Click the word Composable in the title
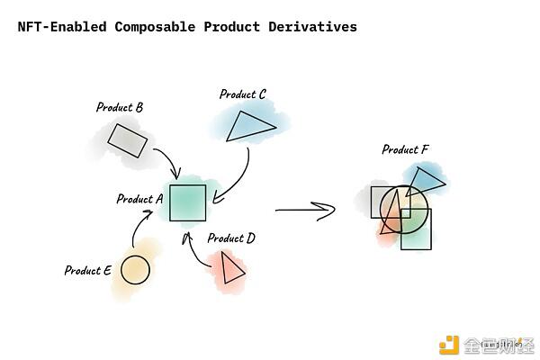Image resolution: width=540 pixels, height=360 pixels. tap(155, 27)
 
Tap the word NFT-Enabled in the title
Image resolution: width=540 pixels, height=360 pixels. tap(63, 27)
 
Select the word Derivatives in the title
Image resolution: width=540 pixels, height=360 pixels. tap(312, 27)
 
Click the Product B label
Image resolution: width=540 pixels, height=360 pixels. tap(120, 107)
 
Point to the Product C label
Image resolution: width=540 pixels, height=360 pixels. tap(243, 94)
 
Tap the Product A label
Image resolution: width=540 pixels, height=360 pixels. tap(139, 199)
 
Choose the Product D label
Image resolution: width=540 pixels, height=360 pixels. tap(231, 238)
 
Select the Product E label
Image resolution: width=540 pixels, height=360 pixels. tap(88, 270)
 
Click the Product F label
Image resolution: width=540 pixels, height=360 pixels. tap(405, 149)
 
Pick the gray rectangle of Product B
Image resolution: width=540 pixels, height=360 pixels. tap(128, 140)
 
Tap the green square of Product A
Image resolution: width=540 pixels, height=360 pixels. tap(188, 202)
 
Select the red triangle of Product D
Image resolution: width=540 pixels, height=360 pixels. tap(231, 268)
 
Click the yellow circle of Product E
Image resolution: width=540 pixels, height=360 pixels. tap(135, 269)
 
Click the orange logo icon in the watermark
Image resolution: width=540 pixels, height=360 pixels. tap(448, 345)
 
